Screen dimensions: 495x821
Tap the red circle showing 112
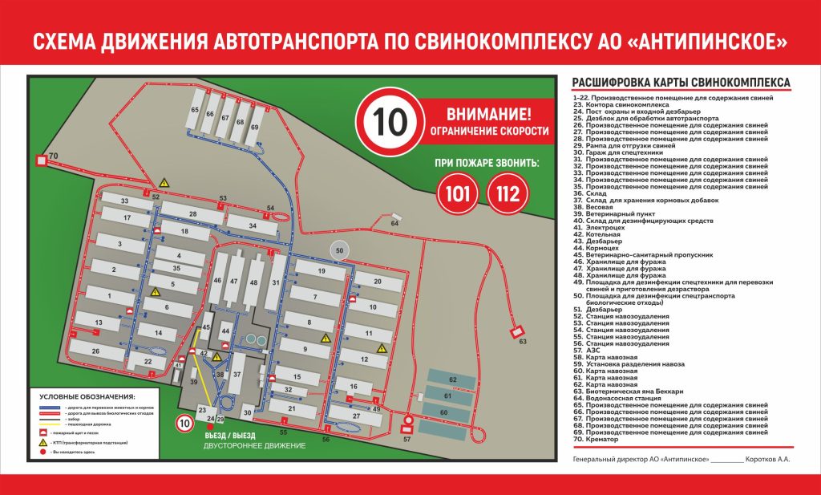point(508,194)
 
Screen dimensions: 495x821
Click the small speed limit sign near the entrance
point(184,423)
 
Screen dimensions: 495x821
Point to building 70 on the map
point(44,157)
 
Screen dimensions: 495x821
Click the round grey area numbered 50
point(340,250)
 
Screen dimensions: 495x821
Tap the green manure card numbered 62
point(452,379)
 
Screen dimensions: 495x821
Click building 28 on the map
point(192,214)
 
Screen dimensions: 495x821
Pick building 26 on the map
point(96,351)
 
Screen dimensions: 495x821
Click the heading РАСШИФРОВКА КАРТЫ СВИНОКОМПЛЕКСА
point(681,83)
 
